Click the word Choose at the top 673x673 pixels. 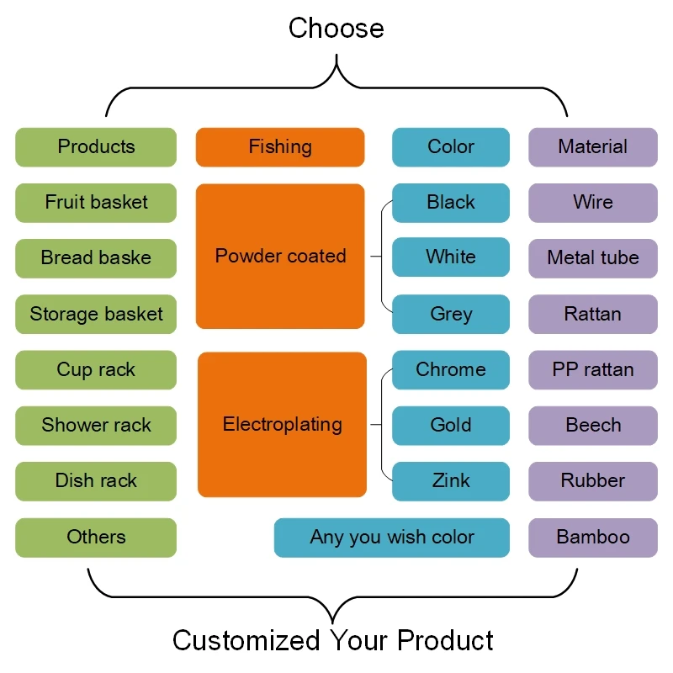tap(336, 28)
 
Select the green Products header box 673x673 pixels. tap(96, 147)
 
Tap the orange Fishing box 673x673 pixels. tap(280, 147)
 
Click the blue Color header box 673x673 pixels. tap(451, 147)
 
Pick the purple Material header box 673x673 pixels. tap(593, 147)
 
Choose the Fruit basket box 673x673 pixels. tap(96, 203)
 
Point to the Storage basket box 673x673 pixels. tap(96, 315)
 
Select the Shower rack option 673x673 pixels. tap(96, 426)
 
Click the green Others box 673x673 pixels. tap(96, 538)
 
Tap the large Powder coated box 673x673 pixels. tap(280, 256)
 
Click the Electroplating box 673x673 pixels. tap(282, 425)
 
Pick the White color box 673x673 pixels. tap(451, 257)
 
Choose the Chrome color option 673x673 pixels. tap(451, 370)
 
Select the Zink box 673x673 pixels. tap(451, 481)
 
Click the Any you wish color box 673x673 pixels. tap(392, 538)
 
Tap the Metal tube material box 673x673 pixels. tap(593, 258)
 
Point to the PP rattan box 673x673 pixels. tap(593, 370)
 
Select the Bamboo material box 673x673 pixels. tap(593, 538)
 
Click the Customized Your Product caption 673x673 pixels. tap(333, 640)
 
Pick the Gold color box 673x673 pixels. tap(451, 426)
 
